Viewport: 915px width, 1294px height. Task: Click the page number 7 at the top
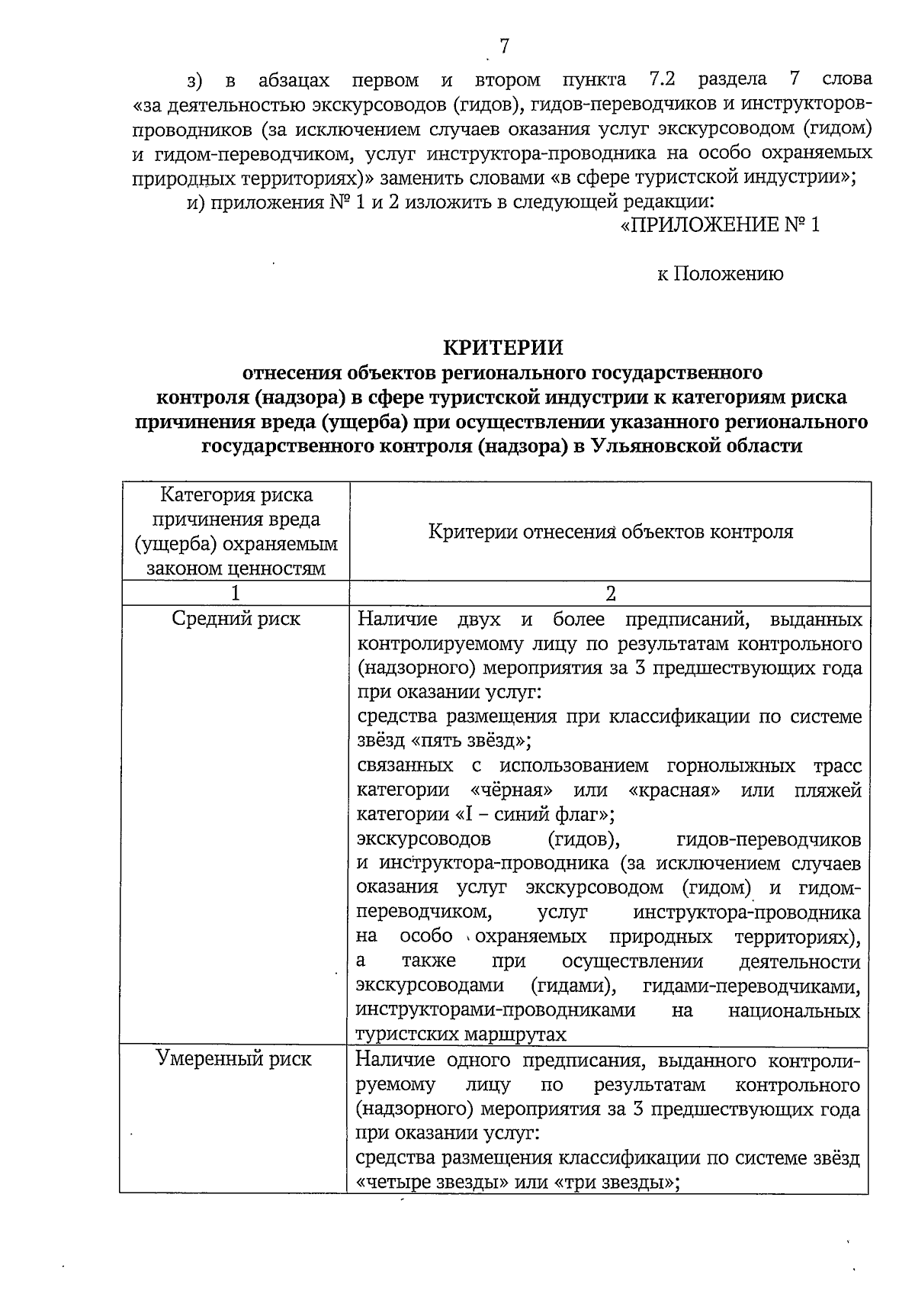(x=503, y=47)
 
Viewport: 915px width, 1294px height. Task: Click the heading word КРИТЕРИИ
(x=504, y=348)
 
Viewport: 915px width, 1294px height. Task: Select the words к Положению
(x=720, y=274)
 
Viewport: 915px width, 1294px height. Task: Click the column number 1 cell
(x=235, y=593)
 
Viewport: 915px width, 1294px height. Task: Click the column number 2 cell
(x=610, y=593)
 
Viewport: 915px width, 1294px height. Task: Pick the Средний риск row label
(x=236, y=619)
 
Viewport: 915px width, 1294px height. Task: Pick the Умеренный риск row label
(x=234, y=1059)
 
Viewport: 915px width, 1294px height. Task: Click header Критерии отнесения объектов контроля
(x=610, y=532)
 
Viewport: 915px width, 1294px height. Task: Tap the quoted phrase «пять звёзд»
(x=472, y=741)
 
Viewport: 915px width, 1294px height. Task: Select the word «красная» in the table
(x=675, y=790)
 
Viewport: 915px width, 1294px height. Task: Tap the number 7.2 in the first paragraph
(x=661, y=80)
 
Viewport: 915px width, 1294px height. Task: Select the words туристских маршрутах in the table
(x=462, y=1035)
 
